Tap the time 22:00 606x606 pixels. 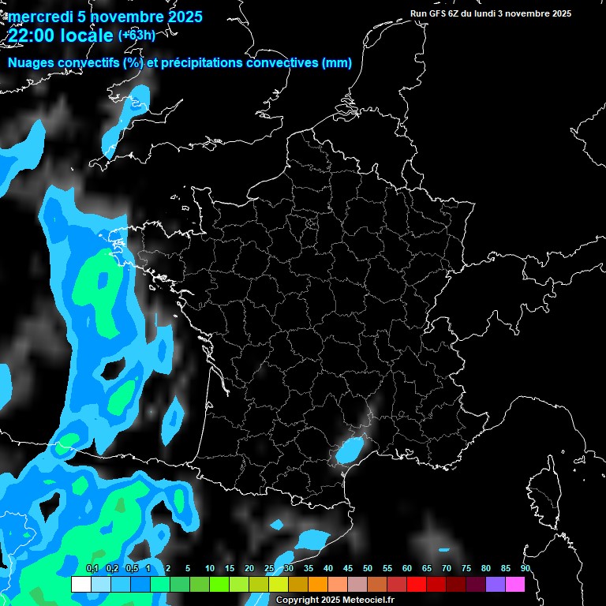[32, 36]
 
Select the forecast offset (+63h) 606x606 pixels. [137, 36]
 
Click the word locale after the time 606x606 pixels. [87, 36]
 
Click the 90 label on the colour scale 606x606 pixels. [526, 569]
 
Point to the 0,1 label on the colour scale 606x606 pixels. [92, 569]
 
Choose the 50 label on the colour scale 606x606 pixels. [368, 569]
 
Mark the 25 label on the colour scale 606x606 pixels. [269, 569]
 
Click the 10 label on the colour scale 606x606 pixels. [209, 569]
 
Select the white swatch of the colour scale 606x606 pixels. [80, 584]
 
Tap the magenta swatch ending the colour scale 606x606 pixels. [515, 584]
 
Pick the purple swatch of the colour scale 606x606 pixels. [496, 584]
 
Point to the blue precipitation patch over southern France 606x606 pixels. [348, 451]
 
